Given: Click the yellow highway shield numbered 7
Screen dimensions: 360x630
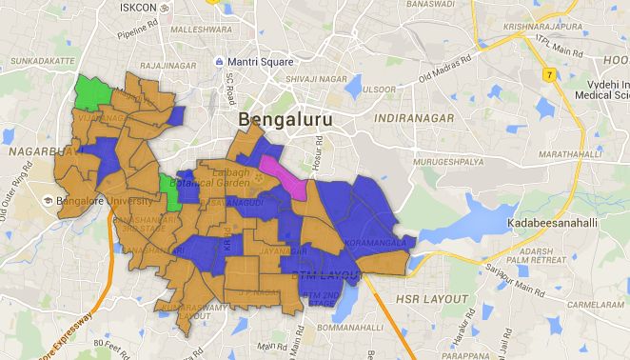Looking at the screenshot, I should click(x=548, y=73).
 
